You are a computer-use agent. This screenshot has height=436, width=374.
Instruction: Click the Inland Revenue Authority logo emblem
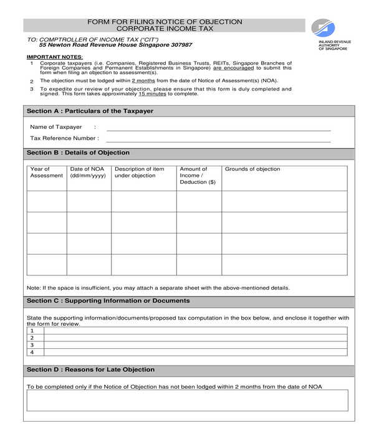(x=325, y=29)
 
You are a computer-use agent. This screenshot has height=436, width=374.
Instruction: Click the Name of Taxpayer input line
(x=218, y=130)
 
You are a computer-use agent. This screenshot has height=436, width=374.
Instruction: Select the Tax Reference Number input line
(x=218, y=141)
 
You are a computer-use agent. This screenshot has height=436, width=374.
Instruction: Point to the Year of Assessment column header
(x=46, y=173)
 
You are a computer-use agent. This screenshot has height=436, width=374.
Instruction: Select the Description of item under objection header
(x=140, y=173)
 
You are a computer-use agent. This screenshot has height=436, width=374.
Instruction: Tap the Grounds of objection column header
(x=252, y=169)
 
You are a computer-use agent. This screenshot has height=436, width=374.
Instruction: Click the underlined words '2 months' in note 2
(x=143, y=81)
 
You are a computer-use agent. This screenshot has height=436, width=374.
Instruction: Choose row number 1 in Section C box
(x=32, y=331)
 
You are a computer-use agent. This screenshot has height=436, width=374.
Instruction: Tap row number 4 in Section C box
(x=32, y=352)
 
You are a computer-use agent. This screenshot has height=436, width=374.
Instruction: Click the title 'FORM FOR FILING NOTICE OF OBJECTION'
(x=165, y=22)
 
